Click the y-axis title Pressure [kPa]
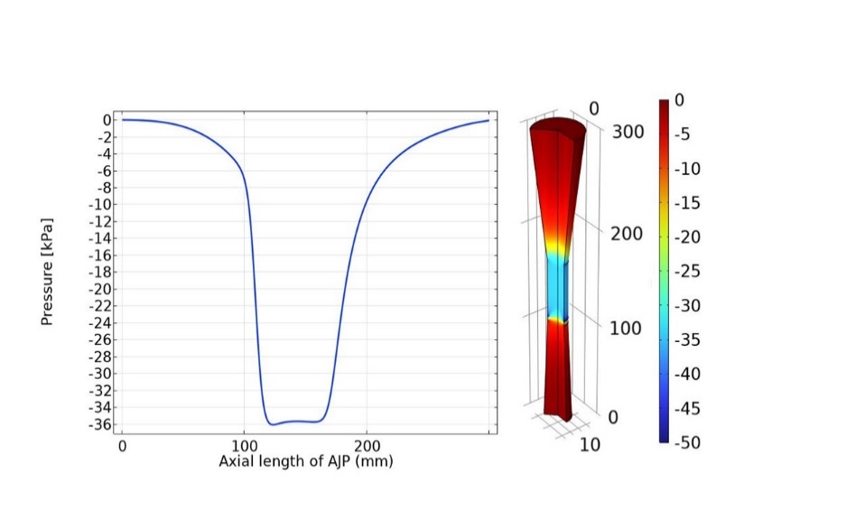tap(47, 271)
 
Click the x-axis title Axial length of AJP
tap(306, 460)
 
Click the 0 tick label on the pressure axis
tap(106, 119)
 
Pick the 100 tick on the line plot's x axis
tap(244, 446)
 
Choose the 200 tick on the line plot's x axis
tap(367, 446)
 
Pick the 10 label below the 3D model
tap(589, 444)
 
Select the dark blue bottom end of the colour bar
tap(665, 438)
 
